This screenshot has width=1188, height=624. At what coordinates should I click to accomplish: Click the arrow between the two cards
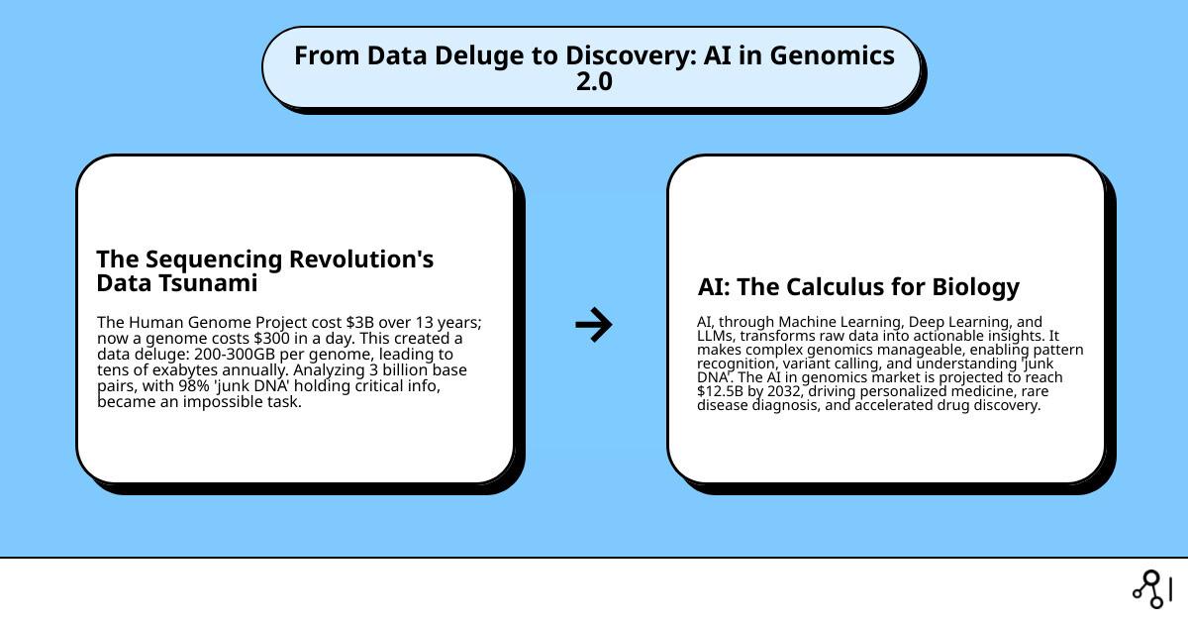click(594, 324)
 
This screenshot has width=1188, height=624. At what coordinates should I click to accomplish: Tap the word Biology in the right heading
click(975, 287)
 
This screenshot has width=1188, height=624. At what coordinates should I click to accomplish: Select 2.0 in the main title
click(594, 82)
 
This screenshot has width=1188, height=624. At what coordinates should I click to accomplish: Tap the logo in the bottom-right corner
click(1151, 588)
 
